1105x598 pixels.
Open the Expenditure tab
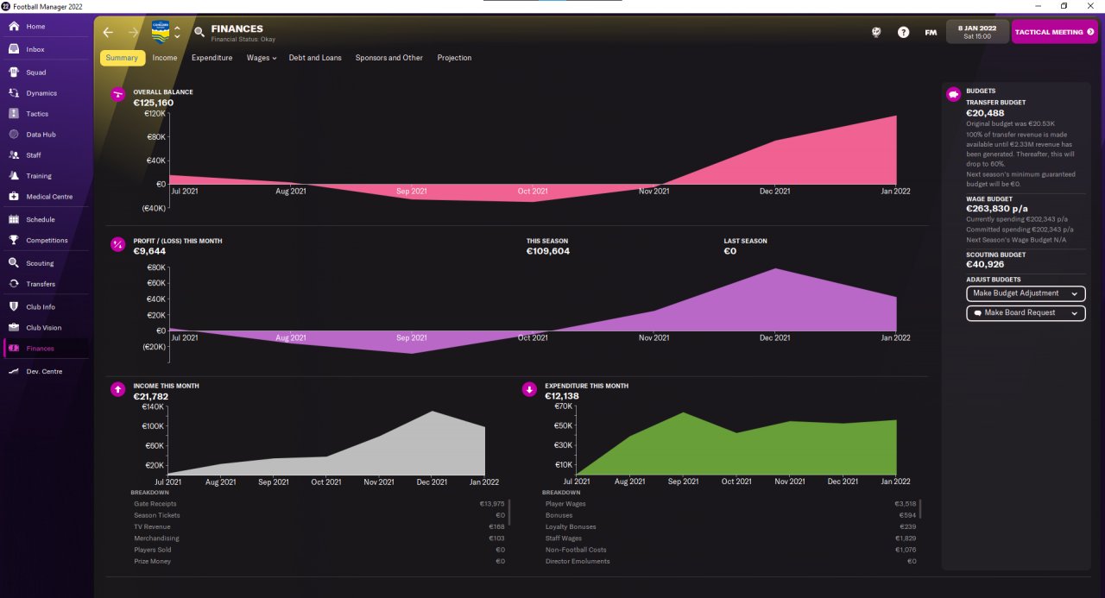(x=212, y=58)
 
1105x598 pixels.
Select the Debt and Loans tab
(x=315, y=58)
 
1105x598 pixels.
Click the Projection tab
(x=454, y=58)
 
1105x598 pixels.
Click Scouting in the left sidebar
(x=40, y=263)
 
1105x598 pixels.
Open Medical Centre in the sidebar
(x=49, y=197)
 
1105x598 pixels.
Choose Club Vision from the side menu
(x=44, y=328)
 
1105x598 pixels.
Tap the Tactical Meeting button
(x=1054, y=32)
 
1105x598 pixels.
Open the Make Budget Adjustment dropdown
(x=1026, y=293)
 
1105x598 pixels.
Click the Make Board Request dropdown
(x=1026, y=313)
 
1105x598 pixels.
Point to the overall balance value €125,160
(x=154, y=103)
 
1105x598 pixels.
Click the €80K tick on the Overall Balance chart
(x=156, y=137)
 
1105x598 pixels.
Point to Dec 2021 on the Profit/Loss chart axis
(x=774, y=337)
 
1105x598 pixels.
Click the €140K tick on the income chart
(x=153, y=406)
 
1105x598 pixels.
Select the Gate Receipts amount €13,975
(x=492, y=504)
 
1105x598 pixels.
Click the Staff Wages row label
(x=564, y=538)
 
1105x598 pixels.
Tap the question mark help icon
(x=903, y=33)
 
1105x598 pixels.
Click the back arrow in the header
(x=108, y=33)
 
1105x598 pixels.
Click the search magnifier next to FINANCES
(x=199, y=32)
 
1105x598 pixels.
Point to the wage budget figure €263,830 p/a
(x=996, y=209)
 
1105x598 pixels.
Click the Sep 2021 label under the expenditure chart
(x=683, y=482)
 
